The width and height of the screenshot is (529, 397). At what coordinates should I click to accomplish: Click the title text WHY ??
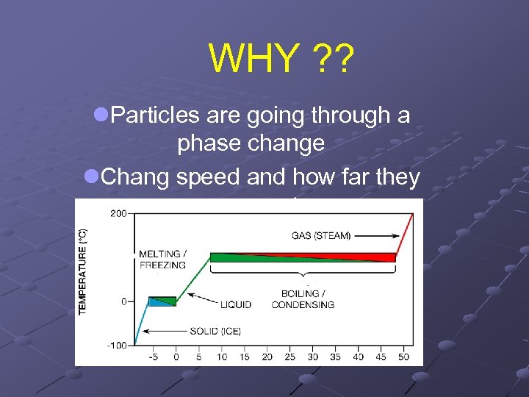tap(281, 59)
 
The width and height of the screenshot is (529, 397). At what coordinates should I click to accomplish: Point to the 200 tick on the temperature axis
tap(117, 213)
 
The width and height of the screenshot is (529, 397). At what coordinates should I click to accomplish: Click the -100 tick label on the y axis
tap(115, 345)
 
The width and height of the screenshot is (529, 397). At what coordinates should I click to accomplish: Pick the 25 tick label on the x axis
tap(289, 357)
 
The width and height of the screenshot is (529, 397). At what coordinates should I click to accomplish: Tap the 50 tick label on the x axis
tap(404, 357)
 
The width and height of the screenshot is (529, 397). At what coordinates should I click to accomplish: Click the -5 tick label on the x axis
tap(153, 357)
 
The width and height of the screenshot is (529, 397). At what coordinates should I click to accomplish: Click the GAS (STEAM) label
tap(321, 236)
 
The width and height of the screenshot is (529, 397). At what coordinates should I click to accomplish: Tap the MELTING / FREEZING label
tap(162, 260)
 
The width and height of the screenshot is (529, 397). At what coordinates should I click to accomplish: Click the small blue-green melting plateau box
tap(162, 301)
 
